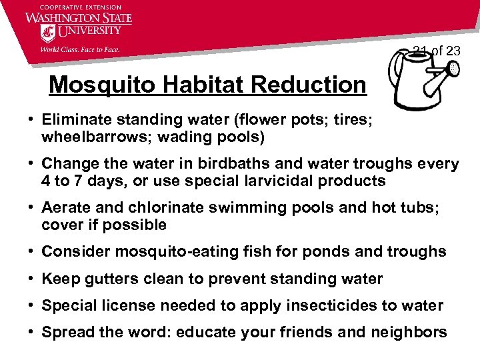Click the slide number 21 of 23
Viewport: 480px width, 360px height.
[x=436, y=51]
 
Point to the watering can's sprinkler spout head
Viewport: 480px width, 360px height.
[x=453, y=69]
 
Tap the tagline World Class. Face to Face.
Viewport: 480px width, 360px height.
[x=80, y=49]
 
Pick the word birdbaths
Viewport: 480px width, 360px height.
[x=219, y=164]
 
